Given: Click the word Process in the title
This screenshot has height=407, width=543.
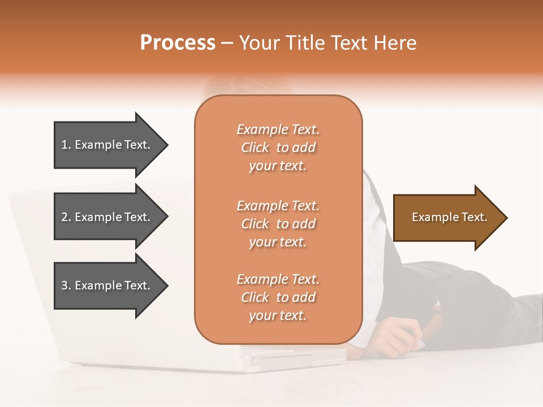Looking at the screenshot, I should pos(178,43).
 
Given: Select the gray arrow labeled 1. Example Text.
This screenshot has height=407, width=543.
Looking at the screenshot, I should pos(107,145).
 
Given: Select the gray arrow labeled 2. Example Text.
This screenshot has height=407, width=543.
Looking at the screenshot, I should pos(107,217).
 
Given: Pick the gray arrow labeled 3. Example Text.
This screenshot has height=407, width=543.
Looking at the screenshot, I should pos(107,285).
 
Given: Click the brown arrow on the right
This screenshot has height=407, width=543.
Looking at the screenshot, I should pos(447,218).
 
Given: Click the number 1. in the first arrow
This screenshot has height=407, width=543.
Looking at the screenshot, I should pos(66,145).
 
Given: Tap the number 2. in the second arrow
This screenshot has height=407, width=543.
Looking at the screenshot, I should pos(66,217).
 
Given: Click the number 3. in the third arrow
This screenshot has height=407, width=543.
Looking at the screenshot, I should pos(66,286).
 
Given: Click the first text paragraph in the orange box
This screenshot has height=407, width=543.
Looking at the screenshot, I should pos(278,148).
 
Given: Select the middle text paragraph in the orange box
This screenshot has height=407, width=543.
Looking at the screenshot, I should pos(278,224).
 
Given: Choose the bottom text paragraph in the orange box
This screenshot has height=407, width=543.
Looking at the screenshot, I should pos(278,297).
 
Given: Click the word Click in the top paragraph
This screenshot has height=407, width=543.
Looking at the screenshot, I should pos(255,148).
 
